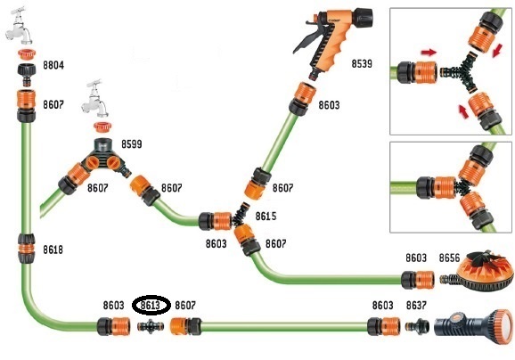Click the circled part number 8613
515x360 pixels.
[x=151, y=306]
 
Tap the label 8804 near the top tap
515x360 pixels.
[x=53, y=65]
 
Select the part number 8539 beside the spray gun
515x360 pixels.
[x=362, y=63]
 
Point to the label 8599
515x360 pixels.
[x=132, y=143]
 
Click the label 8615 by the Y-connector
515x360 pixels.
[x=266, y=217]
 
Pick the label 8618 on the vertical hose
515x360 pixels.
[x=53, y=250]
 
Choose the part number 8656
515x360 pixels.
[x=449, y=258]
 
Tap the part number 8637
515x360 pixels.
[x=416, y=306]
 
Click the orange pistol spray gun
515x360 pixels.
[x=331, y=39]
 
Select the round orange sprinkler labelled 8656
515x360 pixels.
[x=478, y=271]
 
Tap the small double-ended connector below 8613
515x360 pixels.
[x=151, y=326]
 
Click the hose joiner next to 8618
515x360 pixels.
[x=26, y=249]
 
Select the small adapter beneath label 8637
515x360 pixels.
[x=417, y=326]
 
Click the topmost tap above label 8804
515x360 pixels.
[x=19, y=26]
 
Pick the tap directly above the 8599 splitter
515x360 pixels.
[x=95, y=99]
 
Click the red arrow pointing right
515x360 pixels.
[x=429, y=52]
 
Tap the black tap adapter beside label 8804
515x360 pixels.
[x=26, y=75]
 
